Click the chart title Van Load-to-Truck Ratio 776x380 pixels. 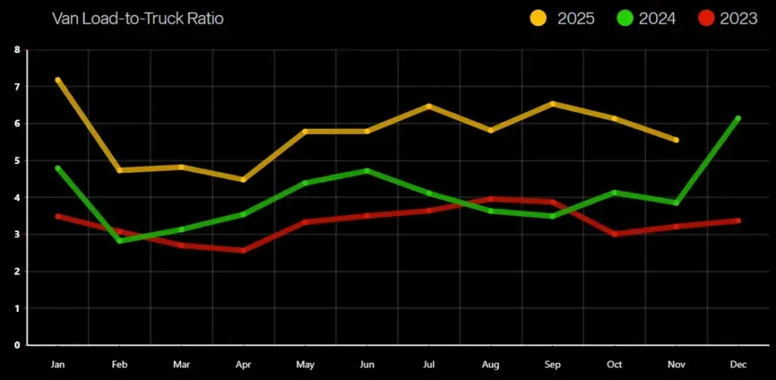coord(138,18)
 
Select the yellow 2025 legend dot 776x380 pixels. coord(538,18)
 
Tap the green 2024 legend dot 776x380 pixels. coord(625,18)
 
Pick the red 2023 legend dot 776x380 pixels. coord(706,18)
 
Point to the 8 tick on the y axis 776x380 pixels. coord(17,50)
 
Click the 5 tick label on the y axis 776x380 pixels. coord(17,161)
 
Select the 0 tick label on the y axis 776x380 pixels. coord(17,345)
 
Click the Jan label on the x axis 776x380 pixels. coord(58,365)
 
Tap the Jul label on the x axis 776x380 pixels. coord(428,365)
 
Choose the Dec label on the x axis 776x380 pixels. coord(737,365)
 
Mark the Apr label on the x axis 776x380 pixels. coord(243,365)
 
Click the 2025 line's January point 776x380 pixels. coord(58,80)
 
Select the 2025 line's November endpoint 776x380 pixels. coord(675,140)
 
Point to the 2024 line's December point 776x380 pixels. coord(737,119)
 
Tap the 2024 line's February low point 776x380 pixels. coord(120,241)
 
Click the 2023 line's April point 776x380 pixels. coord(243,251)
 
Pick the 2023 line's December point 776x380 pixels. coord(737,221)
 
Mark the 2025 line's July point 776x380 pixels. coord(428,106)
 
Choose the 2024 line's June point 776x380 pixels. coord(367,170)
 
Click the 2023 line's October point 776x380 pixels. coord(614,234)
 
